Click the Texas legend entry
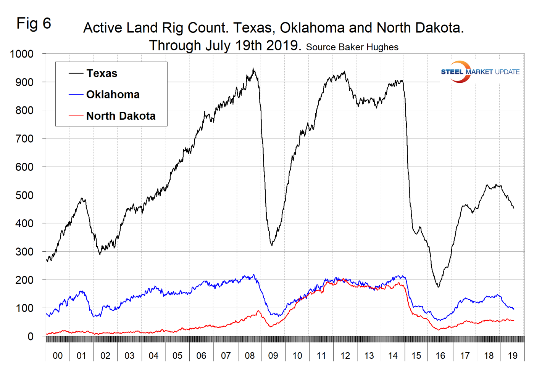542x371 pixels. (x=102, y=73)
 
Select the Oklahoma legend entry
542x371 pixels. (x=113, y=95)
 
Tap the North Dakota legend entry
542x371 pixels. (x=121, y=116)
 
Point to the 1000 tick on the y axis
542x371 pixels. (x=22, y=54)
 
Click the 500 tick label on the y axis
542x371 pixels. (x=24, y=195)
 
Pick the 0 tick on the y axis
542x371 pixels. (x=31, y=337)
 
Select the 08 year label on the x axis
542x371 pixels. (x=250, y=356)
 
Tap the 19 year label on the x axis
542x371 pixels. (x=513, y=356)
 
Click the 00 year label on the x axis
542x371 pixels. (x=58, y=356)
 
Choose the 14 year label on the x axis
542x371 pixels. (x=393, y=356)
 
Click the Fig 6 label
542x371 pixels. (x=34, y=24)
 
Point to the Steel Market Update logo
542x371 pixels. (x=480, y=72)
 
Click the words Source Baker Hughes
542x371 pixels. (x=352, y=47)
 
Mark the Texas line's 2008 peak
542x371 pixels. (x=253, y=69)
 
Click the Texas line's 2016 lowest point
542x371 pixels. (x=438, y=287)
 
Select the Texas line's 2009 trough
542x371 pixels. (x=272, y=246)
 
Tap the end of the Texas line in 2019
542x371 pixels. (x=514, y=208)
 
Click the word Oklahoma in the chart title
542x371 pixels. (x=312, y=28)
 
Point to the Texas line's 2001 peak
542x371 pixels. (x=82, y=198)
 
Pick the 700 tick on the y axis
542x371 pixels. (x=24, y=139)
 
